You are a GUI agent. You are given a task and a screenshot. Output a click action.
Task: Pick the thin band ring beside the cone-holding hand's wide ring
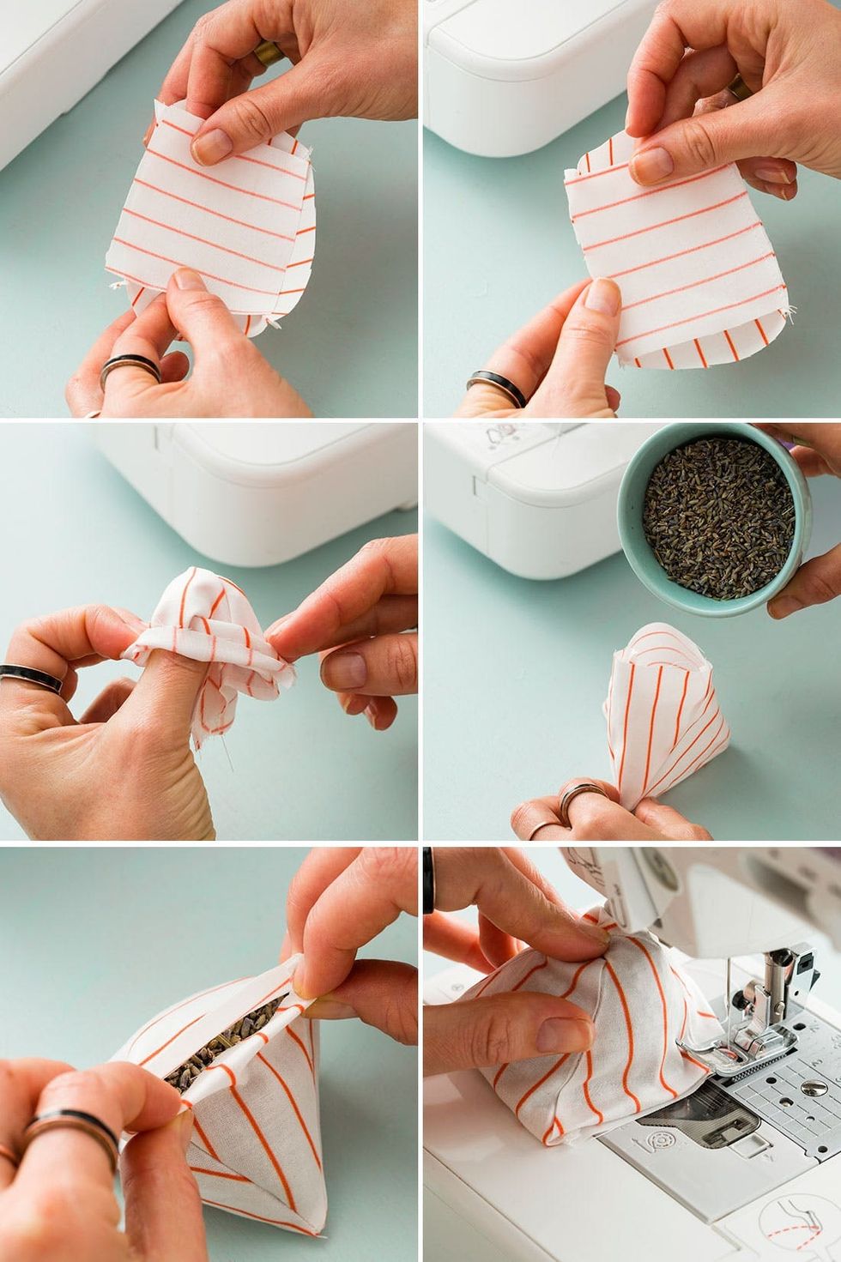click(544, 828)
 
